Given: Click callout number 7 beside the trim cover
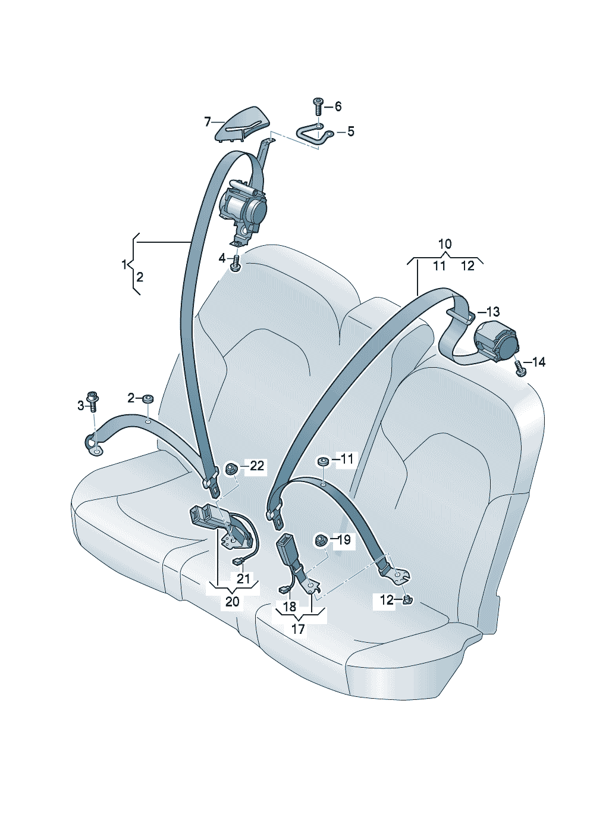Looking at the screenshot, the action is tap(208, 122).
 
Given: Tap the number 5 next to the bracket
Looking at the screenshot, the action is tap(350, 132).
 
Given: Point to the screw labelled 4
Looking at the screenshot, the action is tap(237, 262).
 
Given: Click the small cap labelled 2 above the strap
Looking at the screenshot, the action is tap(147, 398).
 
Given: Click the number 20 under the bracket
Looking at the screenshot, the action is tap(232, 602).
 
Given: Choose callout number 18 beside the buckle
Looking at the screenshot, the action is tap(289, 606).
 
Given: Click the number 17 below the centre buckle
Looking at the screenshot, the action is tap(298, 628).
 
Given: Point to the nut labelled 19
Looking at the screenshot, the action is tap(320, 540).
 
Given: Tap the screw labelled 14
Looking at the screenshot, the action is tap(521, 368).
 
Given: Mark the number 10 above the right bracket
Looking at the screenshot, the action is tap(444, 243).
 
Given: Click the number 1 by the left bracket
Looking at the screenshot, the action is tap(124, 264).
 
